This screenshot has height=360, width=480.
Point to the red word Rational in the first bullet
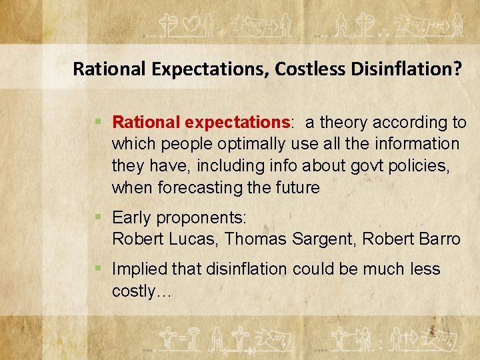pyautogui.click(x=147, y=123)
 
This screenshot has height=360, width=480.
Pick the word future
pyautogui.click(x=294, y=188)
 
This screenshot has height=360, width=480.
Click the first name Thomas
pyautogui.click(x=256, y=239)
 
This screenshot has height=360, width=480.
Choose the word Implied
pyautogui.click(x=139, y=269)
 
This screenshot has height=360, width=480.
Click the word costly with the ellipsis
pyautogui.click(x=142, y=291)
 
